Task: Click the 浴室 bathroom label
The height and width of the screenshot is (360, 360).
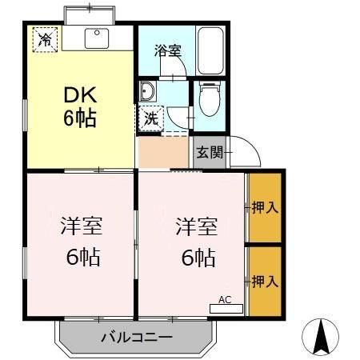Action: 167,50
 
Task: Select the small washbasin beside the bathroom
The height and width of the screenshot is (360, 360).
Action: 149,91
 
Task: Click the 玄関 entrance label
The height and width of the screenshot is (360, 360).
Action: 209,152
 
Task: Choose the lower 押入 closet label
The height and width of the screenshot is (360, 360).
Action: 265,282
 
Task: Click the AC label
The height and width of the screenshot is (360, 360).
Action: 225,300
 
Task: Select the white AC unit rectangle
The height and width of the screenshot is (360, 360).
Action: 226,308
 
